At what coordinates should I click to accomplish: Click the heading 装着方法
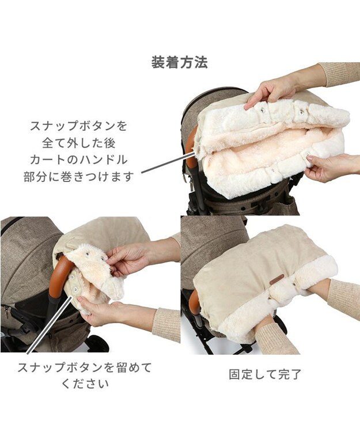click(180, 63)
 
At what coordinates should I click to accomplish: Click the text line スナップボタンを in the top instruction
click(78, 126)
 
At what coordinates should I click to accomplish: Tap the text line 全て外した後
click(79, 143)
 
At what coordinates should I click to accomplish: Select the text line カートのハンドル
click(79, 160)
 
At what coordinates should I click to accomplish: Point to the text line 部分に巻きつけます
click(79, 177)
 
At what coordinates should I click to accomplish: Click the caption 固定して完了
click(265, 374)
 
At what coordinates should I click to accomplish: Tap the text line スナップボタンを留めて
click(85, 367)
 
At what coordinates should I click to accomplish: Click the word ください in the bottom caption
click(85, 384)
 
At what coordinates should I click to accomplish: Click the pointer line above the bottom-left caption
click(49, 324)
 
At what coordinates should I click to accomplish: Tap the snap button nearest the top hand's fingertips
click(262, 110)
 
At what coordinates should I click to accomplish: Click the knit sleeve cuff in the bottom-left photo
click(166, 323)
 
